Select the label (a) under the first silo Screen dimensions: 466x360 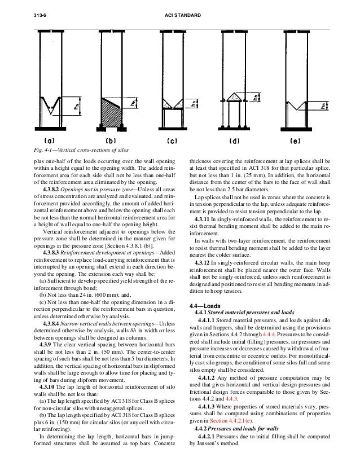(x=49, y=138)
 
